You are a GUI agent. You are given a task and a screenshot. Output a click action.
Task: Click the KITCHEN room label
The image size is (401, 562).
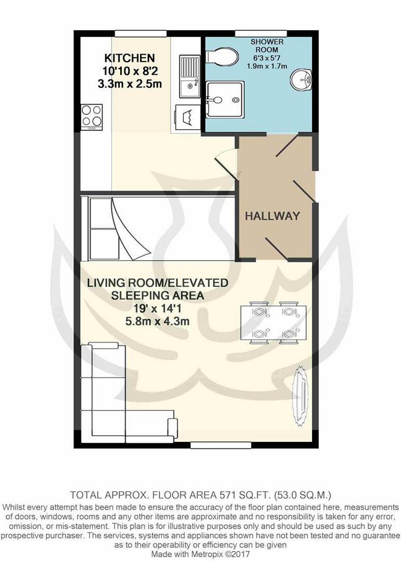(129, 58)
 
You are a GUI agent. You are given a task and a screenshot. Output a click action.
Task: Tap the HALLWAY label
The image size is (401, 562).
(272, 216)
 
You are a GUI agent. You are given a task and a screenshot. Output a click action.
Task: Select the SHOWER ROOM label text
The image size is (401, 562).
(267, 46)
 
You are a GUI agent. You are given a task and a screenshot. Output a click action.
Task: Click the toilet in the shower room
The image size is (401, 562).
(222, 57)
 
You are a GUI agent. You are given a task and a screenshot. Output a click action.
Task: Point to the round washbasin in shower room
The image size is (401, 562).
(301, 79)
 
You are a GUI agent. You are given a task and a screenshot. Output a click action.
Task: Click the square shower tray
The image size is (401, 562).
(225, 99)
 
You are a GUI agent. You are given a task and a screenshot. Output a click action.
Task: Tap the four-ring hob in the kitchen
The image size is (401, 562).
(92, 117)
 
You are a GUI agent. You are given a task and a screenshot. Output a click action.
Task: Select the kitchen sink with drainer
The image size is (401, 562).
(190, 76)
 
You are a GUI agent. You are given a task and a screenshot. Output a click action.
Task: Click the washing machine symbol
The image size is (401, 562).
(188, 119)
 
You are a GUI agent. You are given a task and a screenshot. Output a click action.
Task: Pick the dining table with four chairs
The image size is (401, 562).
(274, 323)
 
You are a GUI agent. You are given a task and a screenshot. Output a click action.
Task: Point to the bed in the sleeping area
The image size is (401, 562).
(157, 228)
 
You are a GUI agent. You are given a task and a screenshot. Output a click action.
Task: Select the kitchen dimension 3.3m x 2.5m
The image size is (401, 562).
(129, 84)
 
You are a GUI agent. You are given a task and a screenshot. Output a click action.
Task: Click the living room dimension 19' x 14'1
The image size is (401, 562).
(157, 308)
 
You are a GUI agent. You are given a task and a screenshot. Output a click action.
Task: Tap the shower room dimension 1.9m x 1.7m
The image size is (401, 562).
(267, 66)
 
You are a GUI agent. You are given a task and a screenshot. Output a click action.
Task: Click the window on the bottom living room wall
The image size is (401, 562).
(220, 445)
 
